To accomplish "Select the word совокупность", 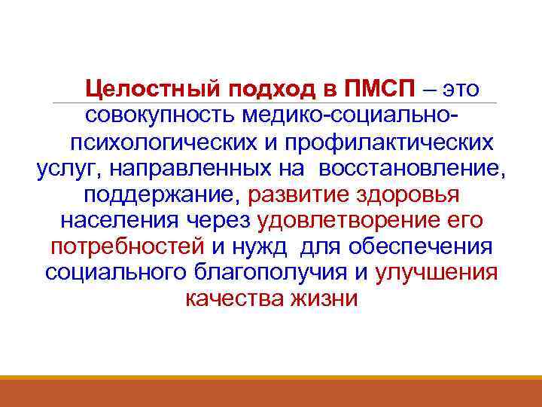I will tap(161, 116).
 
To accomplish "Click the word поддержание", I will tap(161, 195).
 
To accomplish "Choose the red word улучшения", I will tap(436, 273).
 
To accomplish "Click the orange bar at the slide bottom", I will tap(271, 392).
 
